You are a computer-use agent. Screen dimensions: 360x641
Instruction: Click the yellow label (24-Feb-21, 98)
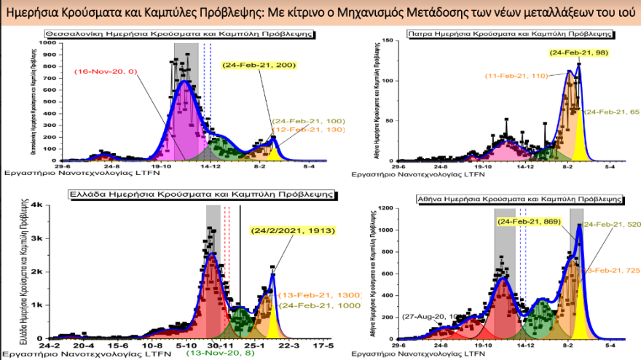click(578, 52)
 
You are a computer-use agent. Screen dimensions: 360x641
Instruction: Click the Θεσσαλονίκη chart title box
click(180, 34)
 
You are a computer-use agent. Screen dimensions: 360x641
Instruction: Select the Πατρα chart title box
click(511, 34)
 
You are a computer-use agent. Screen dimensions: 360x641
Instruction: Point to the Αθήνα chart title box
click(519, 198)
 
